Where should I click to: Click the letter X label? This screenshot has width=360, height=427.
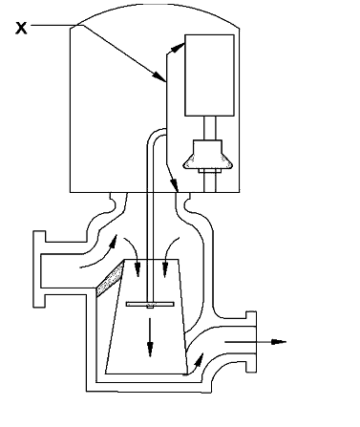(20, 29)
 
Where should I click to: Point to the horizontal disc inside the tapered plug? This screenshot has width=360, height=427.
(149, 305)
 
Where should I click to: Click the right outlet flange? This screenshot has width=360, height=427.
(252, 341)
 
